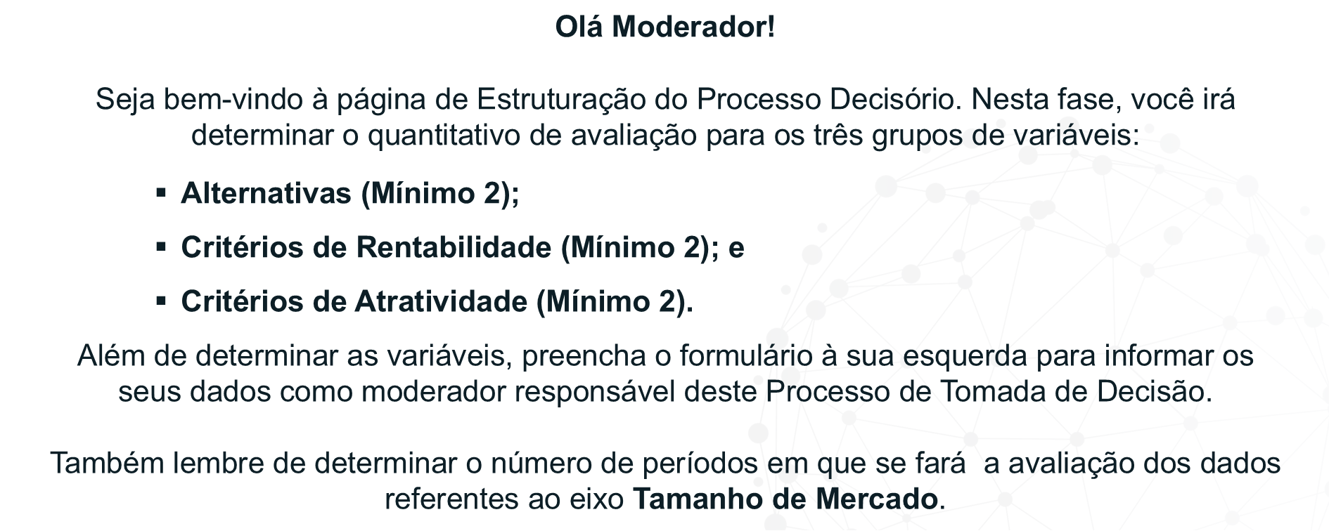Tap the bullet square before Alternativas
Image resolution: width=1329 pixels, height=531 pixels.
coord(161,192)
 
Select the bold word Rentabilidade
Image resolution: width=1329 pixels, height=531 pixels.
coord(454,247)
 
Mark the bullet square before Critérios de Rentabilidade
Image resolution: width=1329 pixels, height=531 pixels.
coord(161,246)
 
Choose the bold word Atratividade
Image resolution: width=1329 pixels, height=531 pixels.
coord(441,301)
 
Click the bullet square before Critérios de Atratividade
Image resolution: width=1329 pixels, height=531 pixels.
coord(161,300)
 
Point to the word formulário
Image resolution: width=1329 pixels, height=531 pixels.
coord(745,356)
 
